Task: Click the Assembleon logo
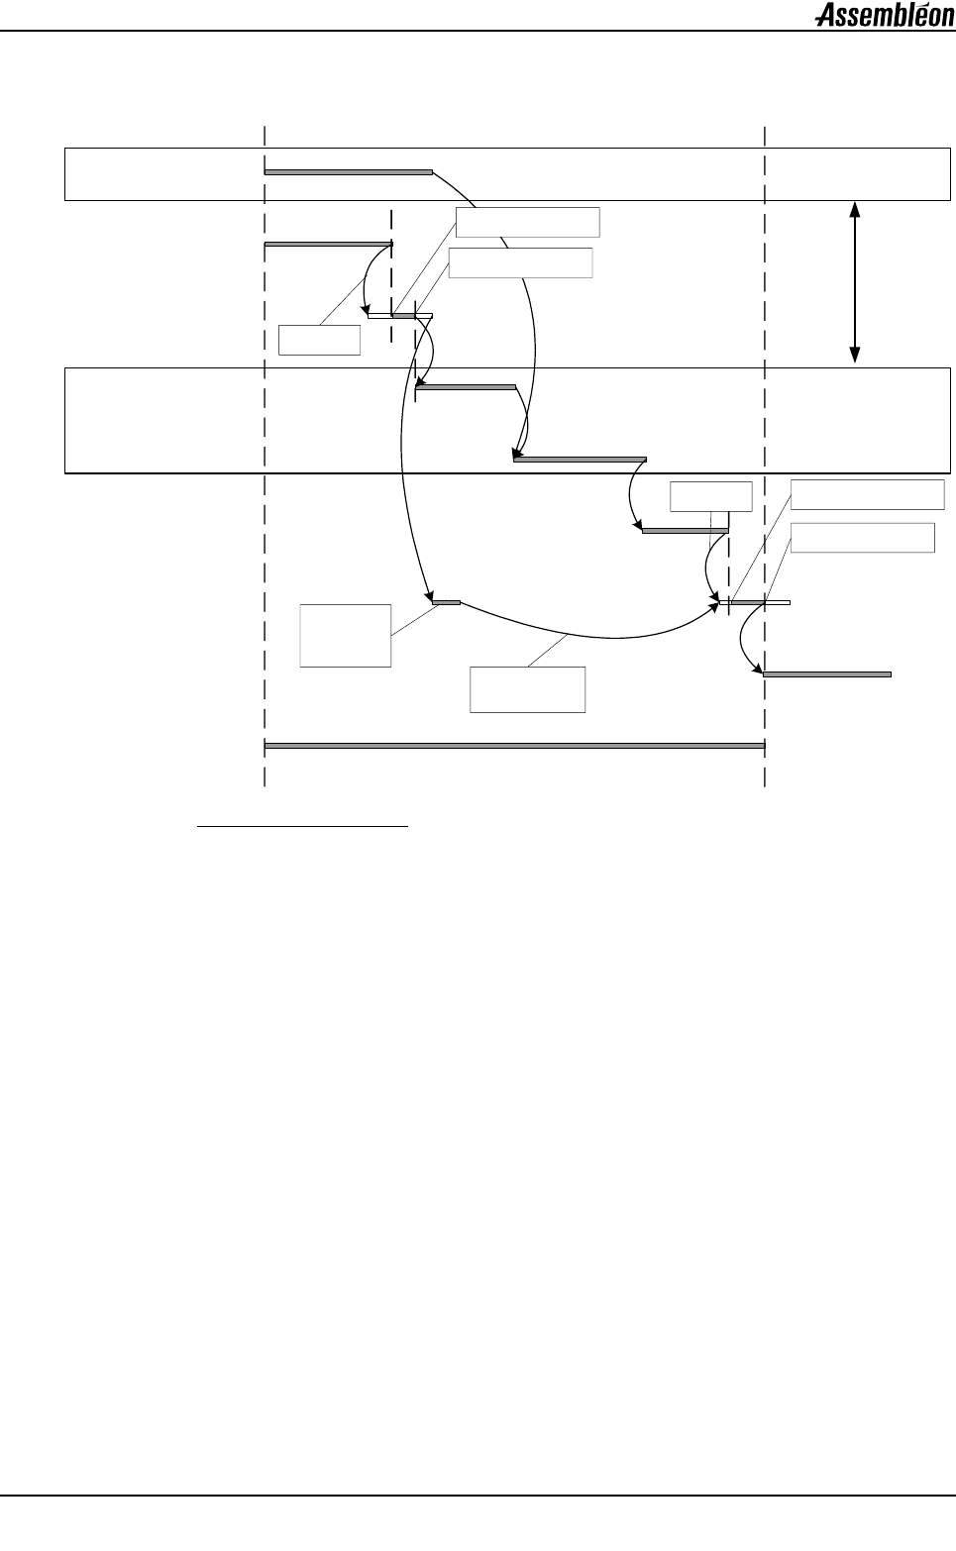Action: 884,15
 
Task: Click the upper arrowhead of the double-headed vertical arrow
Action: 855,209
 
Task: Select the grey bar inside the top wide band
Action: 348,172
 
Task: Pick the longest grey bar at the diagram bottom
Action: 514,745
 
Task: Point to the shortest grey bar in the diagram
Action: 446,601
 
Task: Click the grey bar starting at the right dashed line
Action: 826,673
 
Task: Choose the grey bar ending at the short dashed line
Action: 328,244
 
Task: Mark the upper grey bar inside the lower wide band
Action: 466,386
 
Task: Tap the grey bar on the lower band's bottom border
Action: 580,459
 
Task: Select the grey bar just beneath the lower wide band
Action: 685,531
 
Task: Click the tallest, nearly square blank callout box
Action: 346,635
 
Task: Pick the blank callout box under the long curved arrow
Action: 527,689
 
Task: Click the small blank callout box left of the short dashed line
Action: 319,340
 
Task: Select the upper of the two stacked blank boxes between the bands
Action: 528,222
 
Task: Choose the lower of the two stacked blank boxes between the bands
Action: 520,262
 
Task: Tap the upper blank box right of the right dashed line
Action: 868,494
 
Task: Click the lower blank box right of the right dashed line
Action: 863,537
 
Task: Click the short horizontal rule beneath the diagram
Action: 303,824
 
